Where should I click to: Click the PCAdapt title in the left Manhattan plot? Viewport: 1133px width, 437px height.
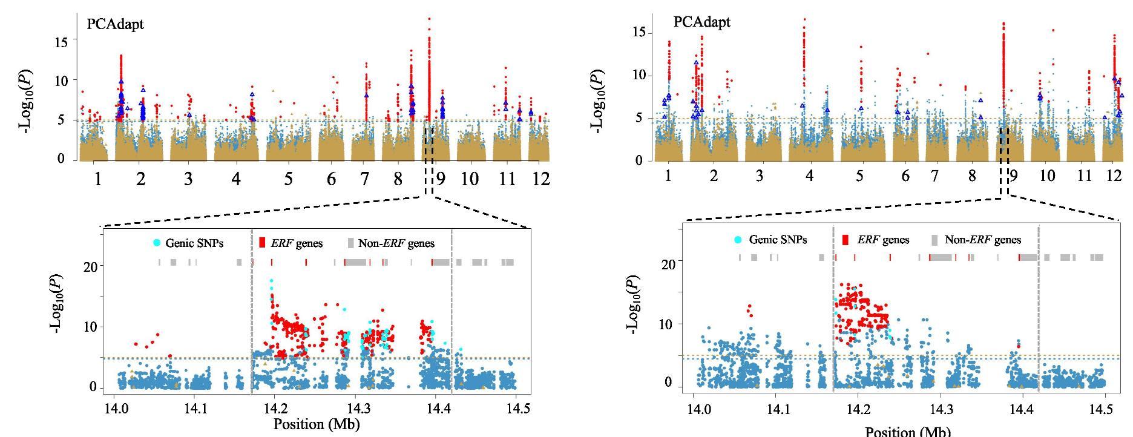point(115,25)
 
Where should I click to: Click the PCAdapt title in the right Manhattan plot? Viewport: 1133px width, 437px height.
point(701,22)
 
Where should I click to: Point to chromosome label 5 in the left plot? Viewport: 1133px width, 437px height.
point(288,179)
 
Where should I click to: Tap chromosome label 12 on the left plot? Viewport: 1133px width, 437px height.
point(540,179)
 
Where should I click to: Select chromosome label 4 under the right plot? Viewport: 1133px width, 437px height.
point(809,176)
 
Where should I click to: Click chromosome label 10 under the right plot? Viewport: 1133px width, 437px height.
point(1046,176)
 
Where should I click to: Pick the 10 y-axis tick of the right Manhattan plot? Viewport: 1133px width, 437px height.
point(640,75)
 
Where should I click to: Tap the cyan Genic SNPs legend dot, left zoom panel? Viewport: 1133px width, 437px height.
point(157,243)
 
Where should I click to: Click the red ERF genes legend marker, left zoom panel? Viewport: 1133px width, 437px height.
point(262,243)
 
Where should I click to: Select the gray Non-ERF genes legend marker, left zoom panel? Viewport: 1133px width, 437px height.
point(350,243)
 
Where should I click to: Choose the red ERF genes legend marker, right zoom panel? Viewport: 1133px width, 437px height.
point(846,240)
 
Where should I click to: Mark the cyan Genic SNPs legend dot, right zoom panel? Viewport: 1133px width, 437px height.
point(738,240)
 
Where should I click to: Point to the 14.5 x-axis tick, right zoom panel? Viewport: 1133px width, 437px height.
point(1105,409)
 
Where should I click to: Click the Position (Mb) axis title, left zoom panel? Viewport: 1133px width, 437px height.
point(317,424)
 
